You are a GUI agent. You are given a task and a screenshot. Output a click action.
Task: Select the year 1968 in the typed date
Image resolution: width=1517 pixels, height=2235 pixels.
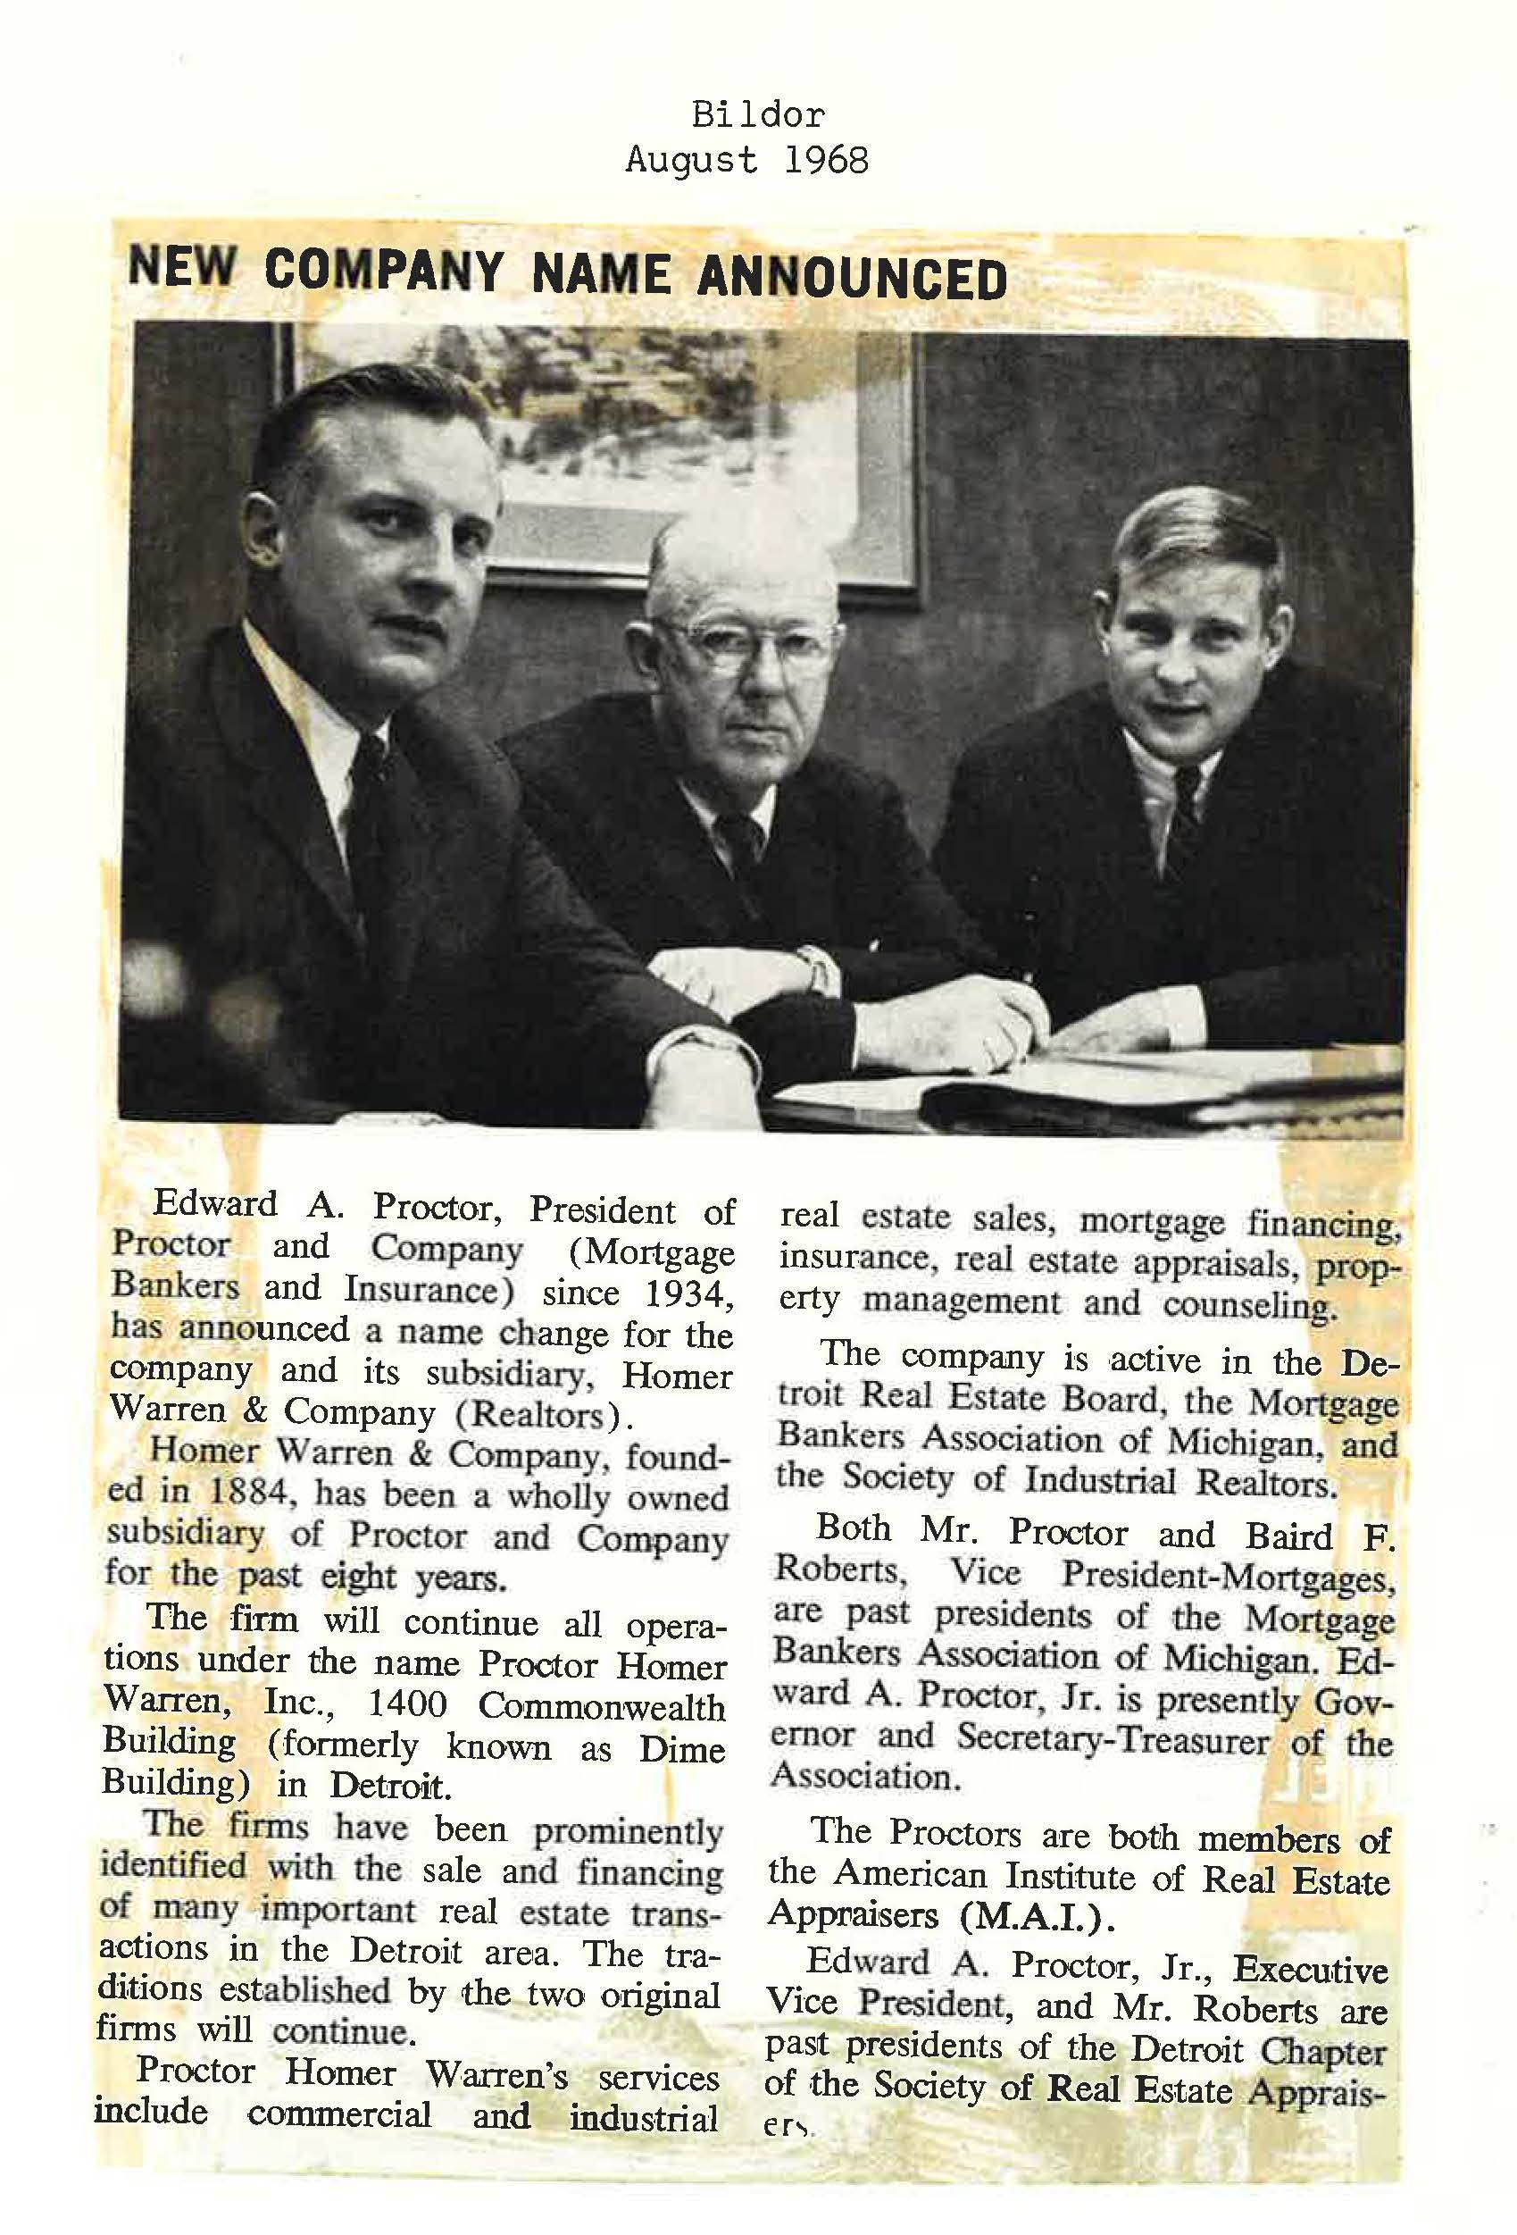(x=826, y=160)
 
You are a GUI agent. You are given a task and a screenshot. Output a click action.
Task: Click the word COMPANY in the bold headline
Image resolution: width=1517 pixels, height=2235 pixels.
(x=383, y=272)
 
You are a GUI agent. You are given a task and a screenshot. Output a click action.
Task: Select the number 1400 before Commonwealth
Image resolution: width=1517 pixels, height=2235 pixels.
(x=408, y=1705)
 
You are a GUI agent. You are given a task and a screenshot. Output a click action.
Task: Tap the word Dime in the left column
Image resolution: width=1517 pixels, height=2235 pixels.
(x=681, y=1748)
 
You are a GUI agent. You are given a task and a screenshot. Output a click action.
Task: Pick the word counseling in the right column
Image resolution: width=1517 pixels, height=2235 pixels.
(x=1250, y=1306)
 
